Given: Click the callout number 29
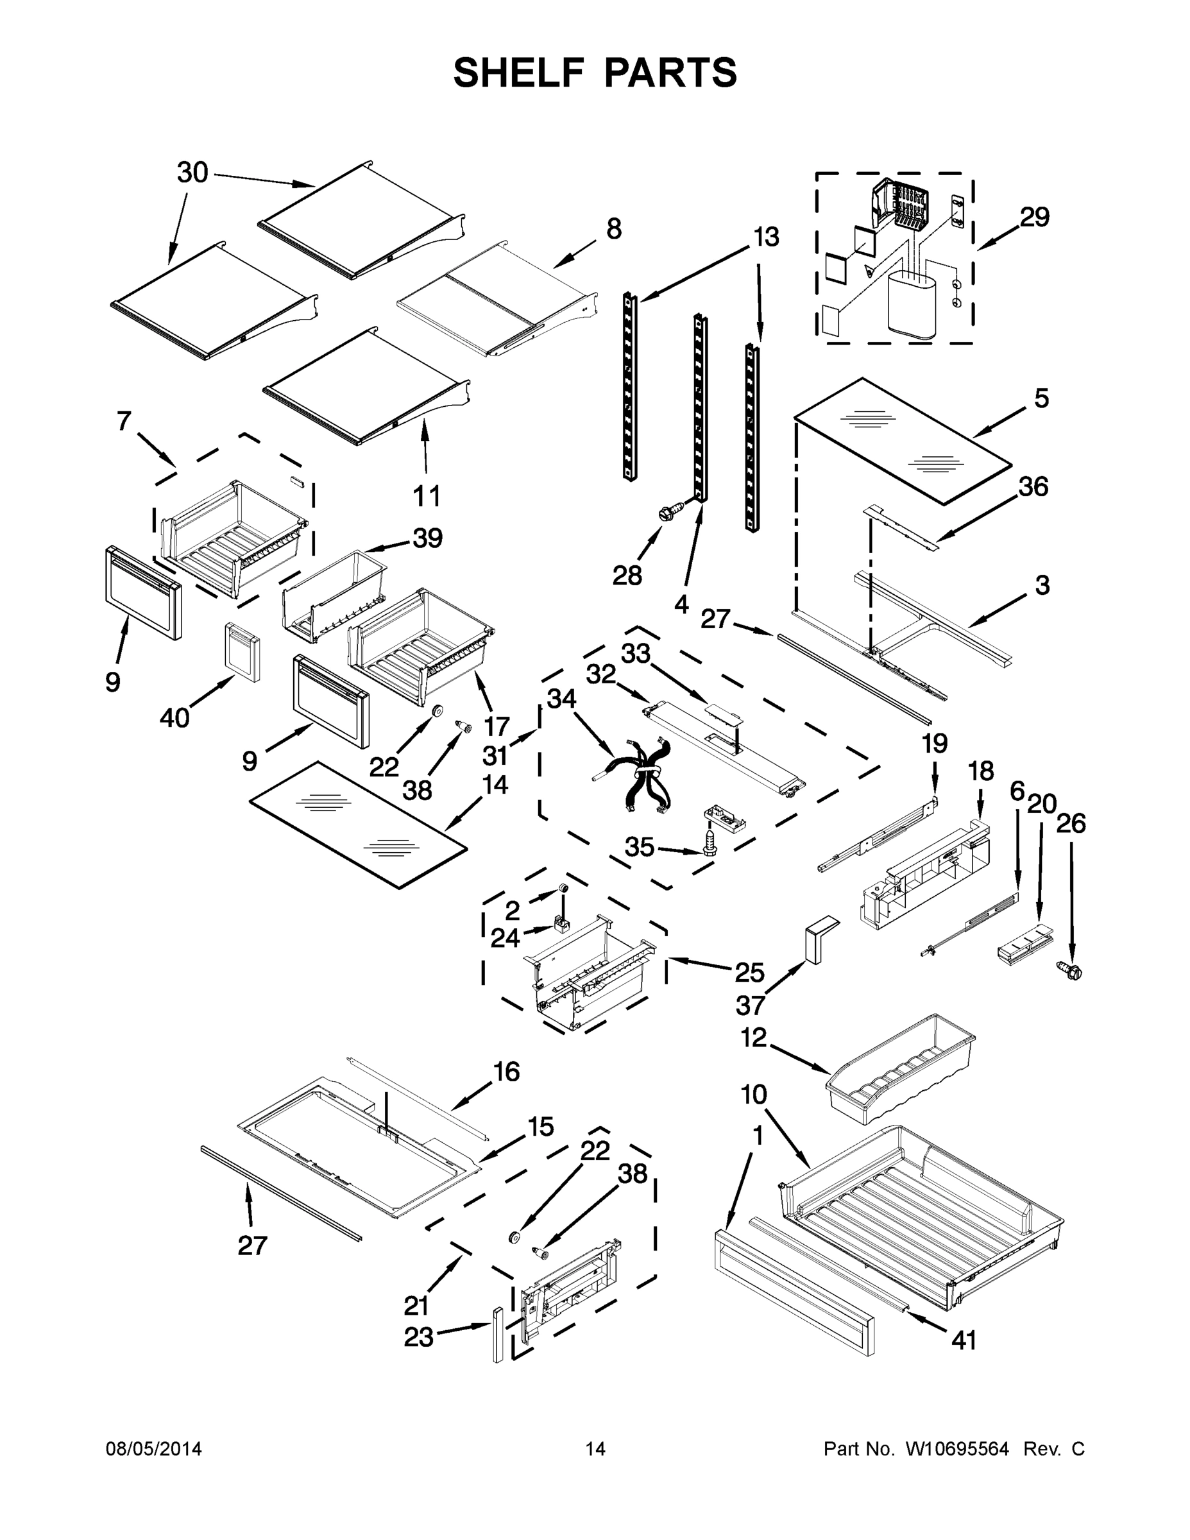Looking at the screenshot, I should tap(1034, 217).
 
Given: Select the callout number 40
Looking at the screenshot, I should tap(174, 719).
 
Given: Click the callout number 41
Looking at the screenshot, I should tap(964, 1340).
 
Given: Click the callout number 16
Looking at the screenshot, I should tap(506, 1072).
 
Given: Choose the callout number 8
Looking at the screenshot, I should tap(614, 229).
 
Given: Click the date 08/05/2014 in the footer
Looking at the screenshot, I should tap(154, 1448).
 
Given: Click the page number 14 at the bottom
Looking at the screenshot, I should tap(595, 1448).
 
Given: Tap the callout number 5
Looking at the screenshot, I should tap(1041, 398).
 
